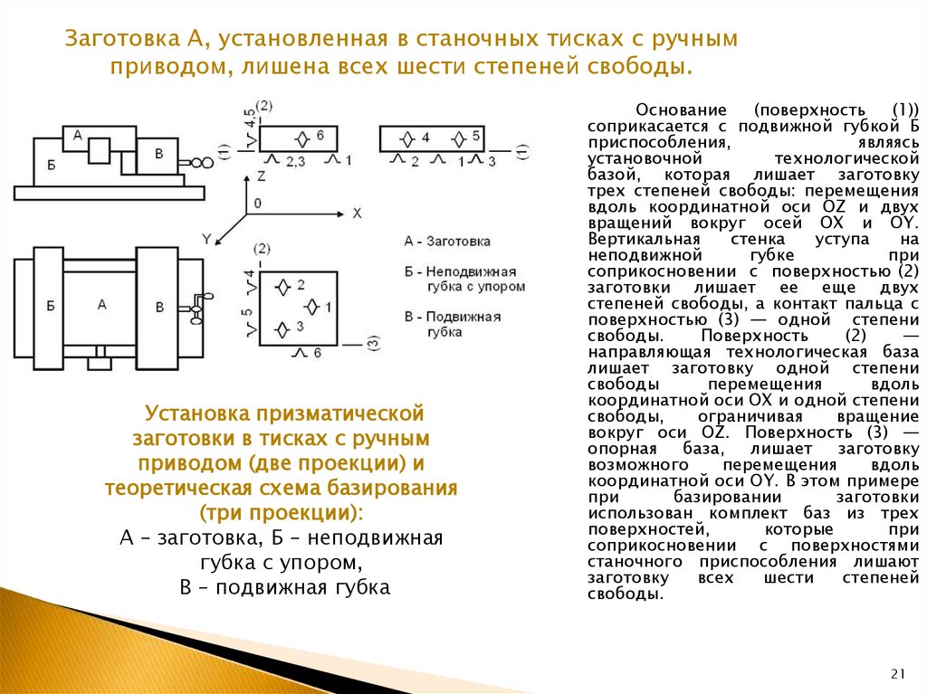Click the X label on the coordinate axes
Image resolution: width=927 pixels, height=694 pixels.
357,213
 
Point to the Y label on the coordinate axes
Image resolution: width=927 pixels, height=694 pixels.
206,238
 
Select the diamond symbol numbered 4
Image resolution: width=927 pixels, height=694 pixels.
407,138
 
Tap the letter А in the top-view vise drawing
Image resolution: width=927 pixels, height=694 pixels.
101,304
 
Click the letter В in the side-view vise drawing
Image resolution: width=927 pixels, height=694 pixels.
159,154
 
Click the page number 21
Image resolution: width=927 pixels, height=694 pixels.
898,673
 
